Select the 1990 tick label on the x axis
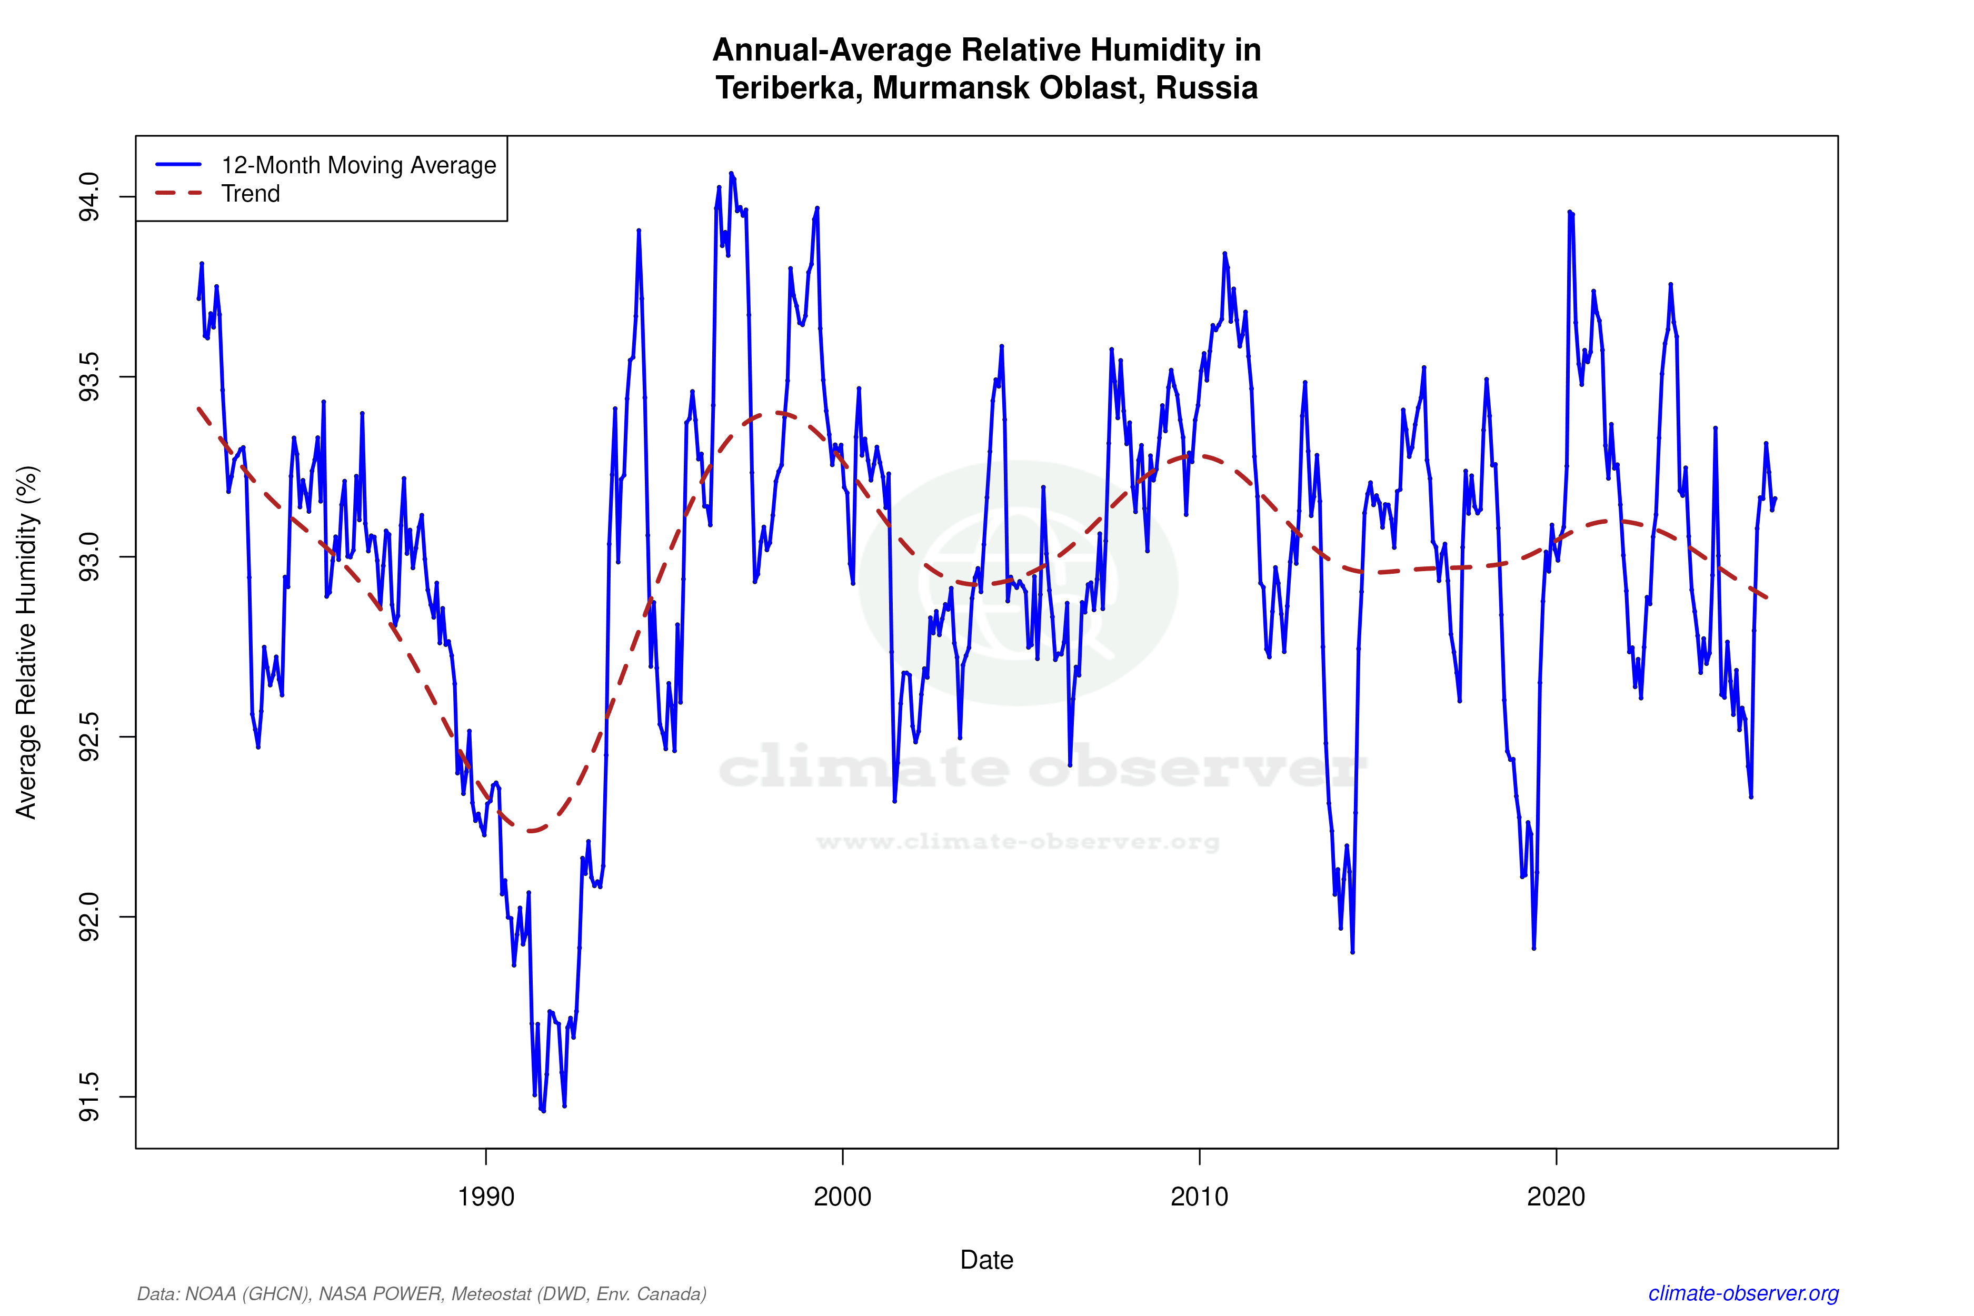(485, 1196)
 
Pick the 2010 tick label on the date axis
(1199, 1196)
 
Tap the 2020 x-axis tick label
(1556, 1196)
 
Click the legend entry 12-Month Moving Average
(358, 165)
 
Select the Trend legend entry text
(250, 194)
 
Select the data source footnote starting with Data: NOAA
(421, 1293)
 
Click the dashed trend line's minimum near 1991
(531, 831)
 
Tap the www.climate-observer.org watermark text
(1017, 842)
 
